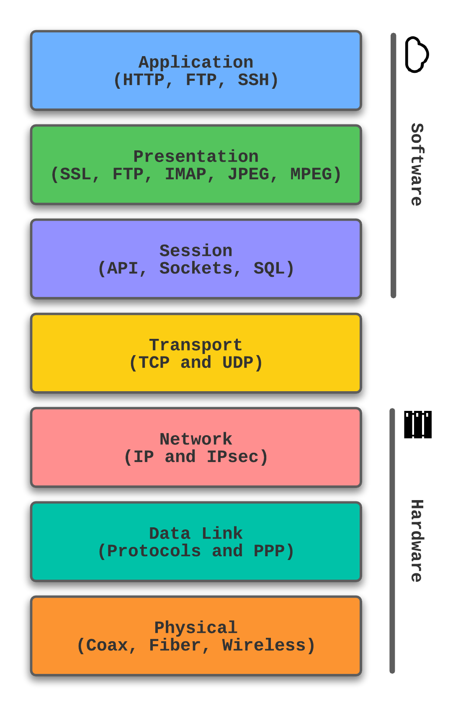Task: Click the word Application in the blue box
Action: point(196,62)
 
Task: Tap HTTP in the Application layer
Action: point(144,80)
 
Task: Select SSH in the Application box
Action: point(253,80)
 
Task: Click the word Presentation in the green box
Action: point(196,157)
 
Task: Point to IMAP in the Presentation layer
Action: point(185,174)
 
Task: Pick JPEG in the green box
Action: point(248,174)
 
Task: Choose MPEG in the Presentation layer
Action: point(311,174)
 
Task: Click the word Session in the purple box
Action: point(196,251)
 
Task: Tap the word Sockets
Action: point(196,268)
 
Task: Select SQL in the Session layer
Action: point(269,268)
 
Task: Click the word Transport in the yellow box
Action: point(196,345)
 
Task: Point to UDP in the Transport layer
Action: point(238,363)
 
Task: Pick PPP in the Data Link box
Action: point(269,551)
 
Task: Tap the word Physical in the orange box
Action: point(196,628)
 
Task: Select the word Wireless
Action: point(264,645)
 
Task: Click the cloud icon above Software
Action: point(417,54)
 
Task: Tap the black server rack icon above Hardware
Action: point(417,425)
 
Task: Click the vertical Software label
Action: point(417,165)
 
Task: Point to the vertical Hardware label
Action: point(417,541)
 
